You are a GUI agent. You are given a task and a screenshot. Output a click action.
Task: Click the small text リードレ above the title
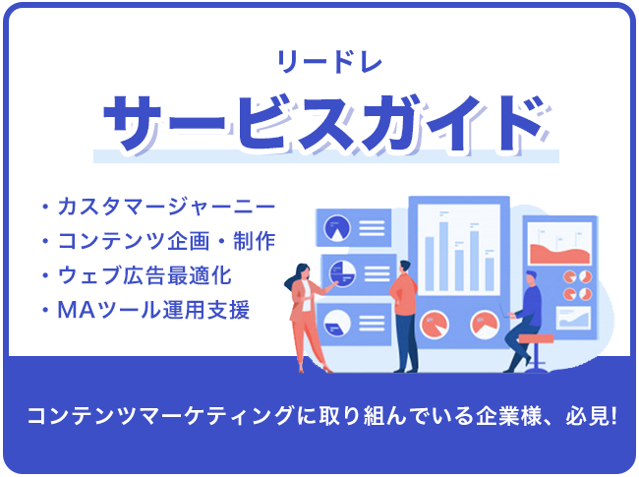tap(329, 62)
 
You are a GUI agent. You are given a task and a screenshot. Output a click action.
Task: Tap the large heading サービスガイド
tap(326, 123)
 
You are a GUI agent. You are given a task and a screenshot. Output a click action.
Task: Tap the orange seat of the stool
tap(536, 338)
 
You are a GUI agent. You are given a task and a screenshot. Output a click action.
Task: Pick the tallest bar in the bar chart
tap(443, 256)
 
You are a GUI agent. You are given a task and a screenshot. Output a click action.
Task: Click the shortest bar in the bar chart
tap(490, 274)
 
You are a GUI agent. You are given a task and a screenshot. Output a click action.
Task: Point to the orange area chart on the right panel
tap(560, 254)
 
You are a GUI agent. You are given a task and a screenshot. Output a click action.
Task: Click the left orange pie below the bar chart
tap(435, 325)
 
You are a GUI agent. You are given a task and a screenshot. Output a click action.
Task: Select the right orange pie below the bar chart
tap(485, 325)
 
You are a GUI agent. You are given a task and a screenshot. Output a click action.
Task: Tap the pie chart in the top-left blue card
tap(336, 228)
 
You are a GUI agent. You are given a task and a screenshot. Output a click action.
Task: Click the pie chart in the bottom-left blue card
tap(336, 324)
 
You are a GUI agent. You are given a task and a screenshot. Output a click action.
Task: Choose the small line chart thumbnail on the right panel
tap(574, 318)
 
